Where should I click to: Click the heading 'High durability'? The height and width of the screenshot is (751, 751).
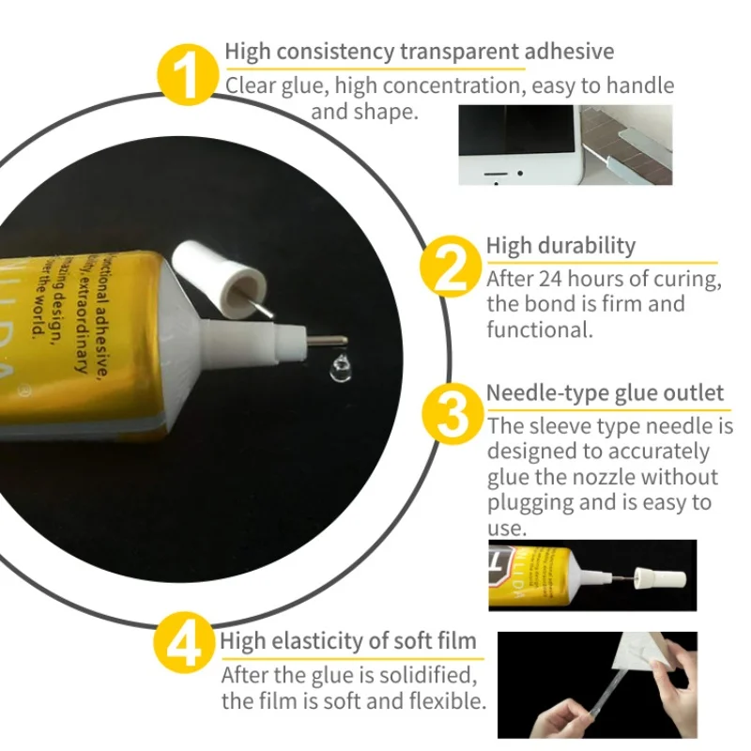(560, 246)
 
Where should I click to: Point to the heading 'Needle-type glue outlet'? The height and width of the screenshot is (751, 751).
(605, 392)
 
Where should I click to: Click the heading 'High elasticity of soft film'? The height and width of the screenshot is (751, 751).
(348, 641)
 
